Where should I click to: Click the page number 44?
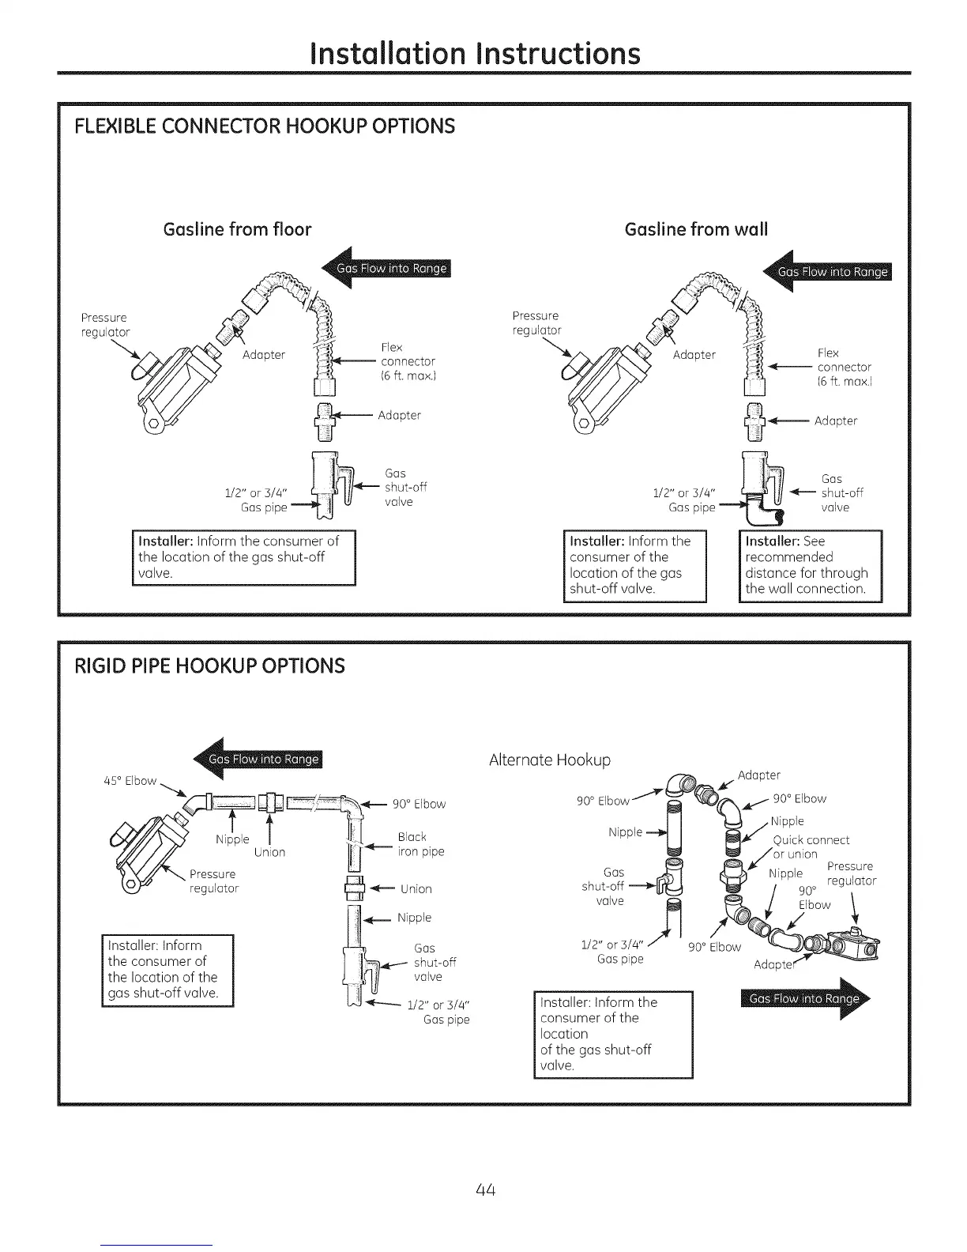486,1190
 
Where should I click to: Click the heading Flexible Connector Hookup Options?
265,126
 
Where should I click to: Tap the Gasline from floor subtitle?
237,229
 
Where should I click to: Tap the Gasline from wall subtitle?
696,229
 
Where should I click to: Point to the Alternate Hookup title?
550,760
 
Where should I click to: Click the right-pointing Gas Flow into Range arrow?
806,999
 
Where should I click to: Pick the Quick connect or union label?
810,847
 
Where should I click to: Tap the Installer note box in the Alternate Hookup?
613,1034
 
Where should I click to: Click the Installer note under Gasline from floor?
244,557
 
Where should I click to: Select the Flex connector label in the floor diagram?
408,361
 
